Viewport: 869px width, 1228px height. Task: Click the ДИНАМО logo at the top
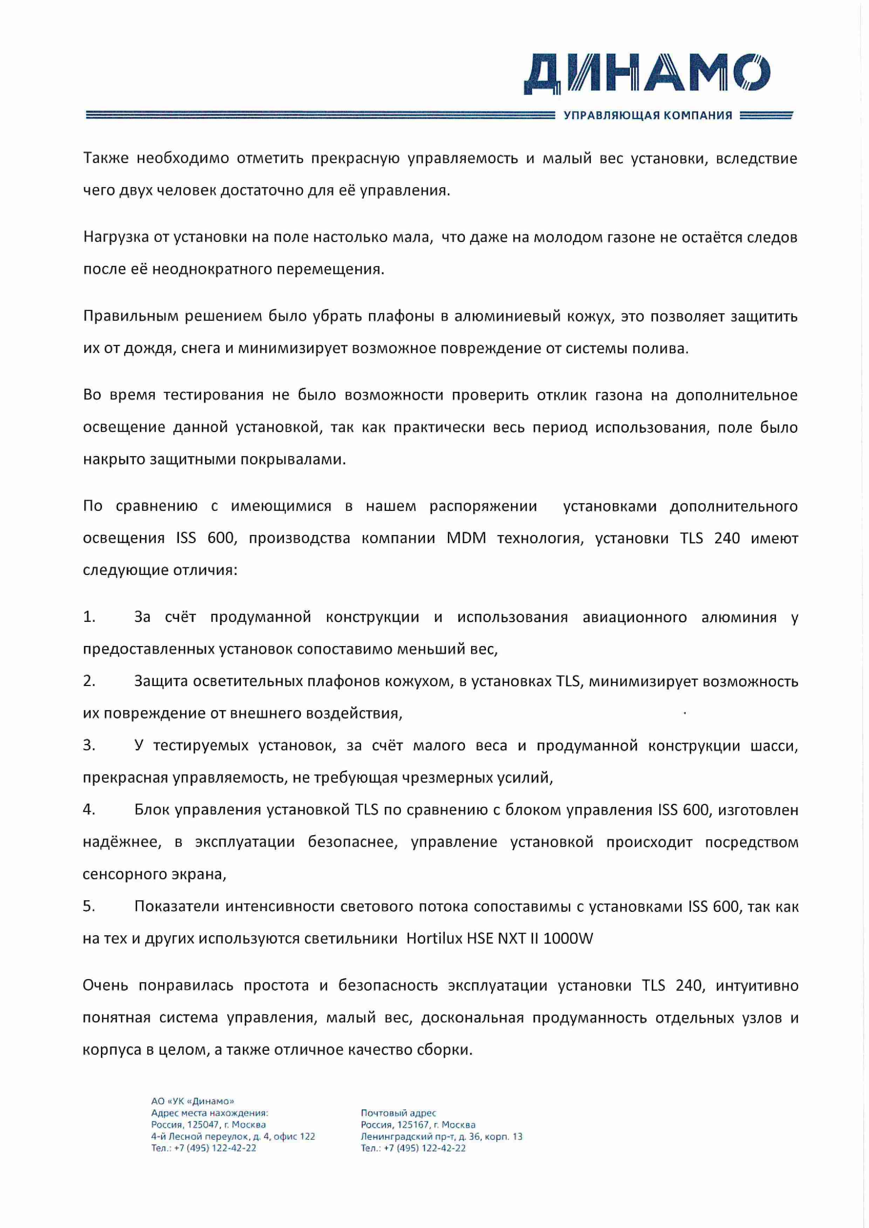(x=647, y=74)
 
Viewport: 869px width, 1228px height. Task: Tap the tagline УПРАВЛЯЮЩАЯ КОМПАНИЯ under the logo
(x=648, y=116)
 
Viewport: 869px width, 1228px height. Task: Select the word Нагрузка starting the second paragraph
(x=116, y=237)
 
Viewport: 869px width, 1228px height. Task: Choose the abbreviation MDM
(x=466, y=538)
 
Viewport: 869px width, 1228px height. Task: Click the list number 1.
(x=89, y=617)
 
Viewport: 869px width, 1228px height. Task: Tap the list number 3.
(x=89, y=745)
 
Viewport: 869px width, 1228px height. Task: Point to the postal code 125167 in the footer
(x=413, y=1125)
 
